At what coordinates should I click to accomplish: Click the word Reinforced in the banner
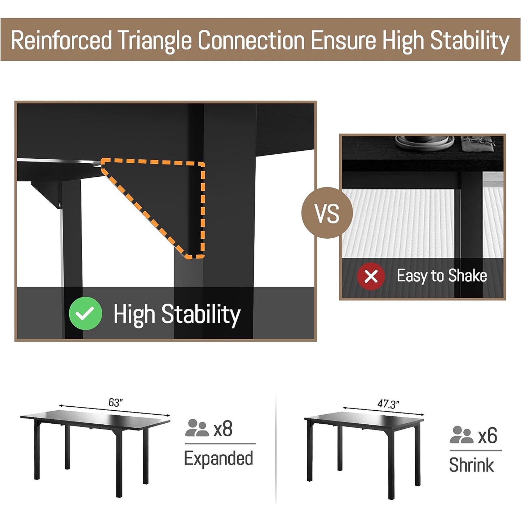coord(61,40)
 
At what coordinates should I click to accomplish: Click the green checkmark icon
coord(85,313)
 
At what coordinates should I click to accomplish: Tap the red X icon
coord(371,276)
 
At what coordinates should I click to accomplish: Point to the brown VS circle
coord(327,213)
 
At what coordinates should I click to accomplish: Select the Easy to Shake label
coord(442,276)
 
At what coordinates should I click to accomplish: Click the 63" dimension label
coord(116,403)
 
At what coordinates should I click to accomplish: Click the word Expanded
coord(218,458)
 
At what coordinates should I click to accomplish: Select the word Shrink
coord(472,464)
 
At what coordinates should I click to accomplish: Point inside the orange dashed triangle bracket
coord(173,195)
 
